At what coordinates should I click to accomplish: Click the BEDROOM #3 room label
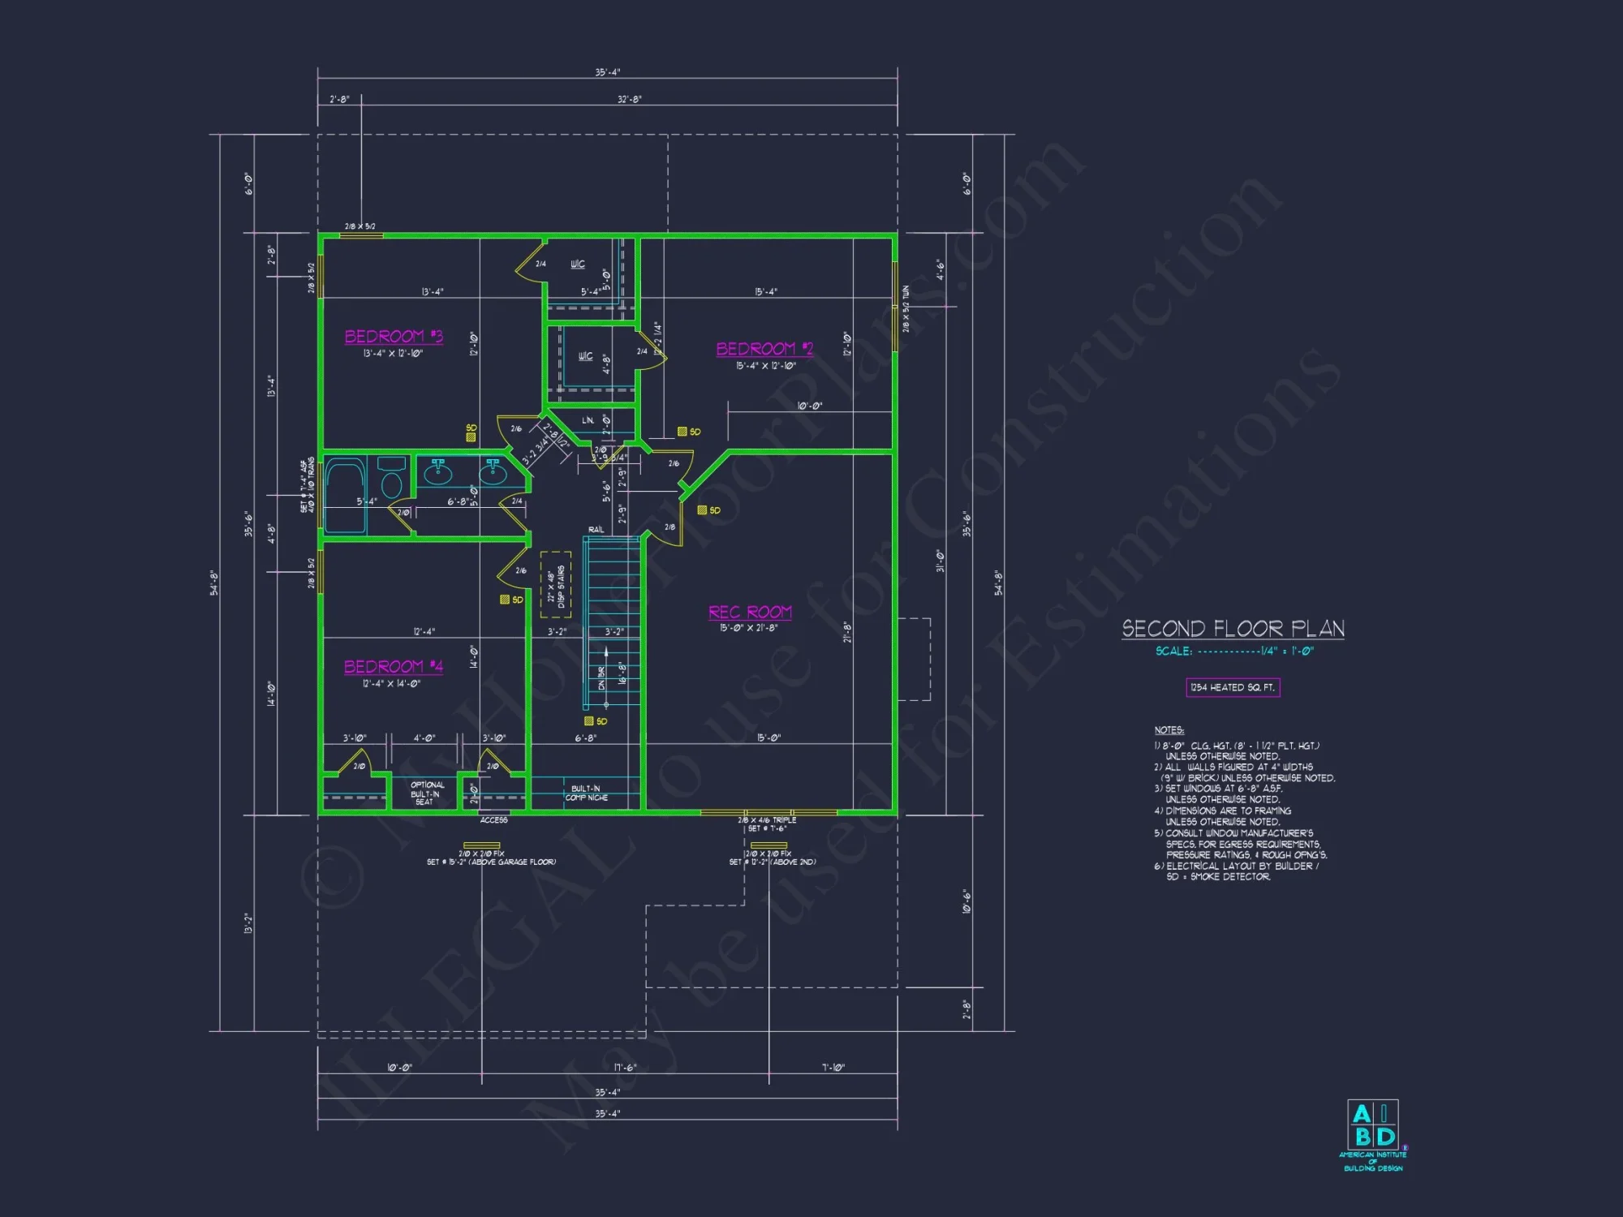tap(394, 336)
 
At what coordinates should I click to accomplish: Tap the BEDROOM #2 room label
tap(764, 349)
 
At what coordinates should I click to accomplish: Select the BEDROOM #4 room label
tap(393, 666)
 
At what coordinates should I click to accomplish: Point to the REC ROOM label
tap(750, 613)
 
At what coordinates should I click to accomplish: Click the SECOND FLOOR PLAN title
tap(1233, 629)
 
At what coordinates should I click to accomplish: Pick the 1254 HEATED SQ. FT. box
tap(1233, 687)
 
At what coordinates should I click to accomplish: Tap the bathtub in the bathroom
tap(344, 495)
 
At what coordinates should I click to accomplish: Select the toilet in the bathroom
tap(391, 479)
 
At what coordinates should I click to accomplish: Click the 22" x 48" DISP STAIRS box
tap(556, 584)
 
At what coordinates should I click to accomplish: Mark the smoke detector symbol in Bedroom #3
tap(471, 436)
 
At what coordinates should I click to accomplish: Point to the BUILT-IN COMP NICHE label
tap(586, 793)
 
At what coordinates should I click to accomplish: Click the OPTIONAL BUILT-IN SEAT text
tap(426, 793)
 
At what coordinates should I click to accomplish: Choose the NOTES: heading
tap(1169, 730)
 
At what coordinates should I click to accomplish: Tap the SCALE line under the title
tap(1233, 652)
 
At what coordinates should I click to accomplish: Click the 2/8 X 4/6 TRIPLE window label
tap(767, 820)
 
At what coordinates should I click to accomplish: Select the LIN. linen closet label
tap(588, 420)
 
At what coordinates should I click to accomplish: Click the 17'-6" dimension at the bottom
tap(625, 1068)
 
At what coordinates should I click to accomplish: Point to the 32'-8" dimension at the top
tap(629, 100)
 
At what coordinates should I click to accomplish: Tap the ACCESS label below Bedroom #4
tap(493, 820)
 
